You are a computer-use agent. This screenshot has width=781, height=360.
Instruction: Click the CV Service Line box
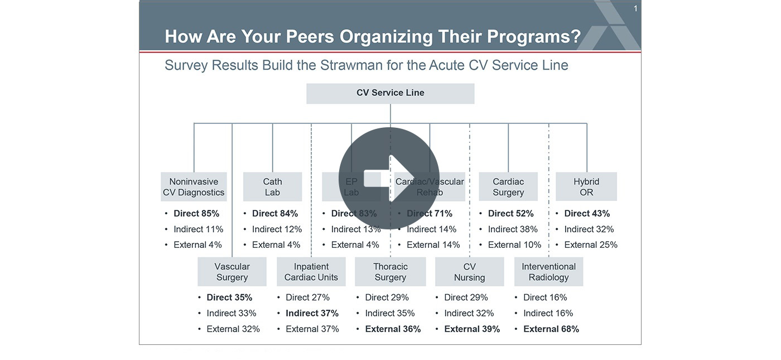(390, 93)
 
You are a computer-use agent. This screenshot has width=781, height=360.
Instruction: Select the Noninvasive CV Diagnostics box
(194, 187)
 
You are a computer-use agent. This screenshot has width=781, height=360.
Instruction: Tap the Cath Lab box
(272, 187)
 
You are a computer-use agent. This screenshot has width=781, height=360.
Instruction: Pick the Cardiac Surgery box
(508, 187)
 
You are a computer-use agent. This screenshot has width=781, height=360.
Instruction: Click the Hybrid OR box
(586, 187)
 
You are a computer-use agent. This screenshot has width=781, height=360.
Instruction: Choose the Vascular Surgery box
(232, 272)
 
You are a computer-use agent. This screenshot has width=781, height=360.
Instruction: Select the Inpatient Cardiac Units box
(311, 272)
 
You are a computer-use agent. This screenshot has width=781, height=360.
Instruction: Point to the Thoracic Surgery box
(390, 272)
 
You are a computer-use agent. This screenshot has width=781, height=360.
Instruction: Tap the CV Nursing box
(469, 272)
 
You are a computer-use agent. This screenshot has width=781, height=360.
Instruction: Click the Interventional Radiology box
(548, 272)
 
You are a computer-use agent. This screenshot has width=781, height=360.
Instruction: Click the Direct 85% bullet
(196, 213)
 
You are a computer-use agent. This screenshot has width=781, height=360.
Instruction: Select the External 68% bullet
(551, 329)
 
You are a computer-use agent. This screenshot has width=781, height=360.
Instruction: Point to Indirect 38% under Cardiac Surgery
(513, 229)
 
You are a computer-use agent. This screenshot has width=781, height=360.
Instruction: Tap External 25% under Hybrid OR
(590, 245)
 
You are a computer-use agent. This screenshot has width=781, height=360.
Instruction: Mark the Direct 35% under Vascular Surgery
(229, 297)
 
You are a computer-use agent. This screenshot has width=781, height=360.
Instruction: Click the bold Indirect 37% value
(312, 313)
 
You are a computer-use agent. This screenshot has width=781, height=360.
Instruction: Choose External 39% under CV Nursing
(471, 329)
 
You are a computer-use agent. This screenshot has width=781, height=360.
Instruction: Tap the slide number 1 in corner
(635, 8)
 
